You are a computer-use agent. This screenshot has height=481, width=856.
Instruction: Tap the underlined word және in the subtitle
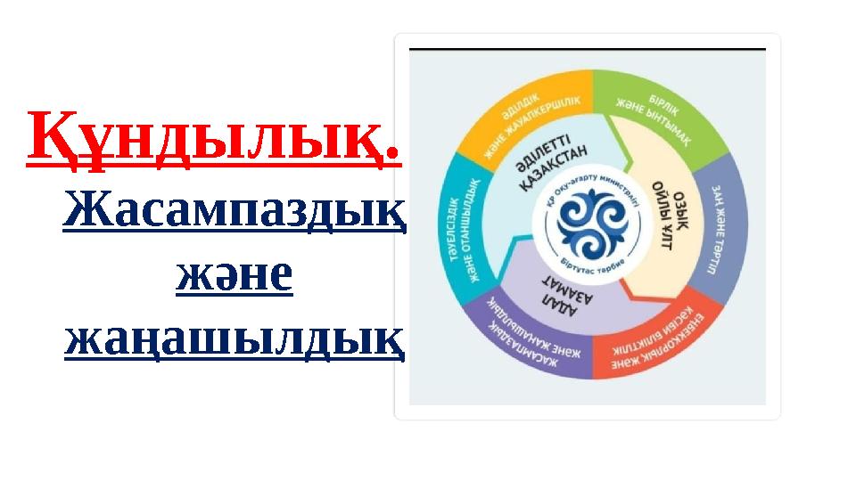235,274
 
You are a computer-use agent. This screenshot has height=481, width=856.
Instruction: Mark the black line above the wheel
587,48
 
